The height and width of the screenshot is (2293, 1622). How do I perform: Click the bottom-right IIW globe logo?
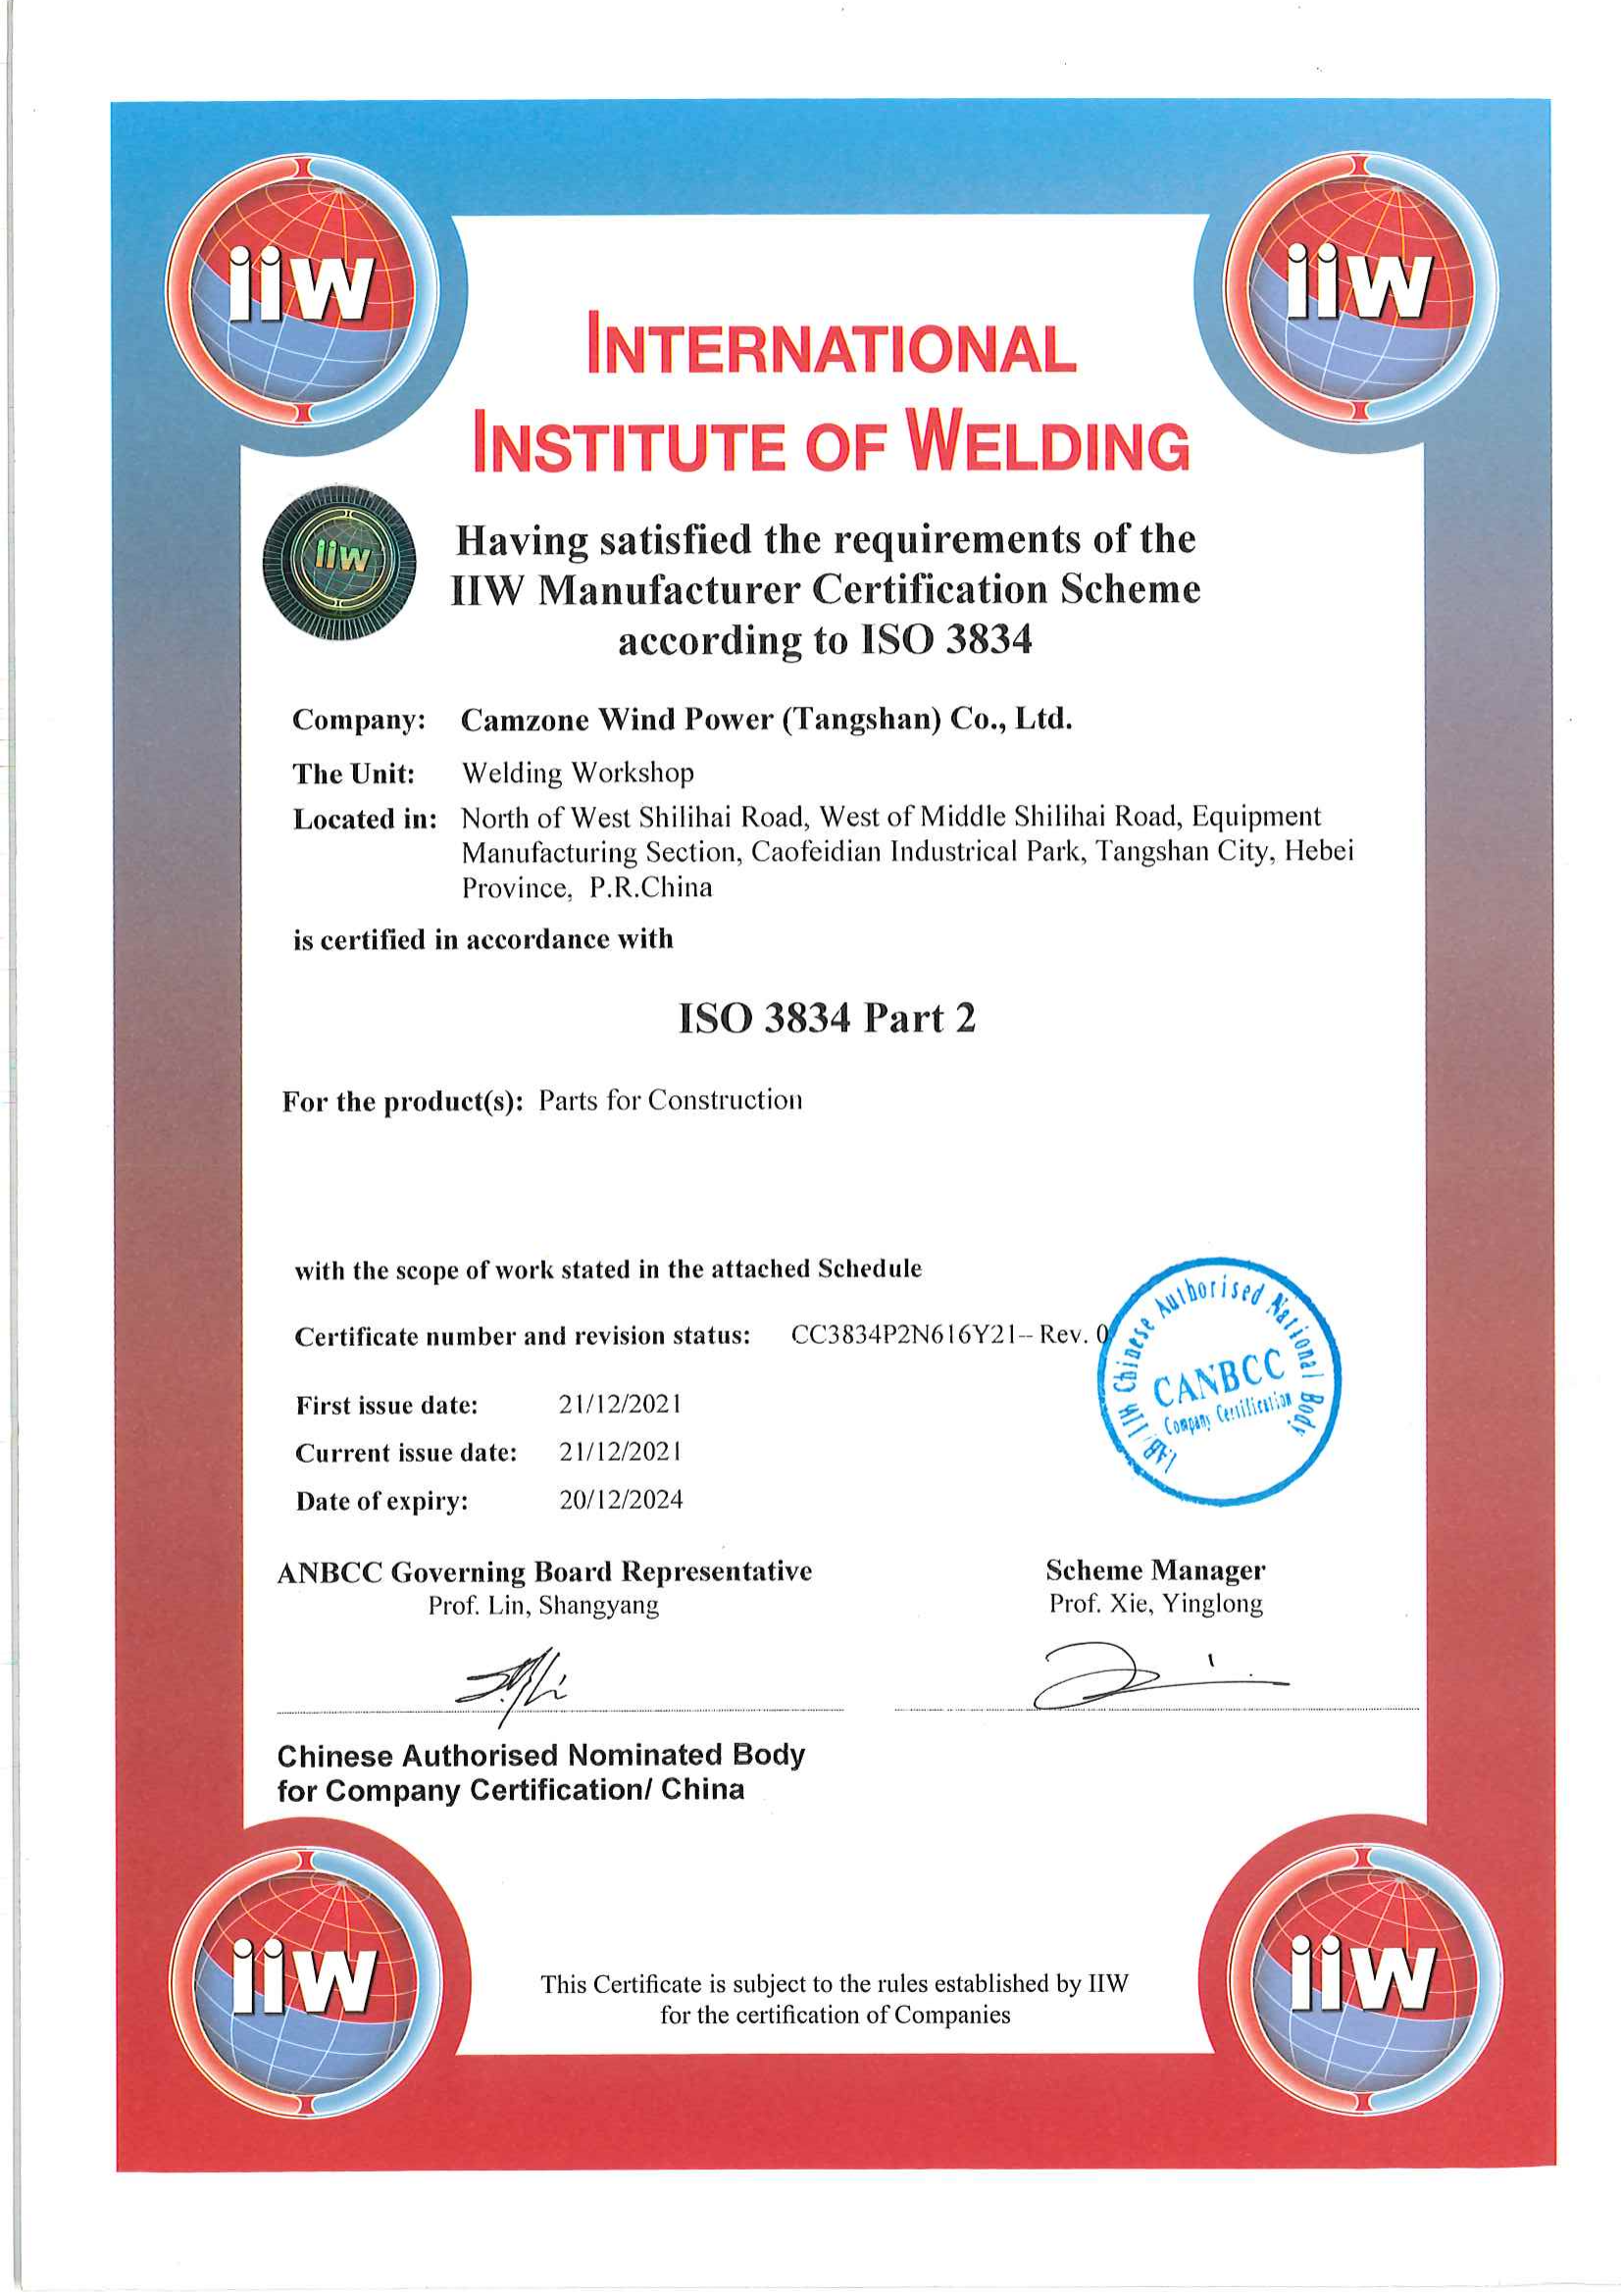(1362, 1977)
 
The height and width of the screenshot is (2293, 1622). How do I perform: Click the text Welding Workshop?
(578, 773)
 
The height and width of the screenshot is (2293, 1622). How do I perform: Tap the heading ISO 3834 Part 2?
(826, 1019)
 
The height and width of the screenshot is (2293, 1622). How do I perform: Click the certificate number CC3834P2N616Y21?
(903, 1335)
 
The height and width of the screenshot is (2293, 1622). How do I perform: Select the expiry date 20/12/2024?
(620, 1500)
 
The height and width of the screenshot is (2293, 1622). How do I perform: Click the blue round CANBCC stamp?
(1220, 1381)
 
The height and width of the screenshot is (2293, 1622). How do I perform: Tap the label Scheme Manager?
(1154, 1570)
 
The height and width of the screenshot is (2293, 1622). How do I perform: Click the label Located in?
(365, 820)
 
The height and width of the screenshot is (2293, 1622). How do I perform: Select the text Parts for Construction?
(670, 1101)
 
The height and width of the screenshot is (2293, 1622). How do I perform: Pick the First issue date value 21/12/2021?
(620, 1404)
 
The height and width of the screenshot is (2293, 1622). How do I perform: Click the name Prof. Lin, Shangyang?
(543, 1605)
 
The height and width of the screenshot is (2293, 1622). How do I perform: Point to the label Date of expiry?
(381, 1501)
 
